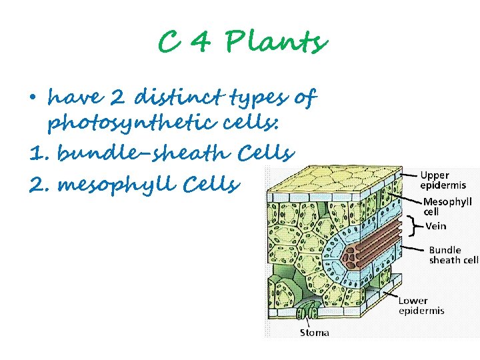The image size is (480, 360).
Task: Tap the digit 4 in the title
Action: pyautogui.click(x=201, y=43)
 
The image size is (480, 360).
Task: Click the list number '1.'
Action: pyautogui.click(x=40, y=154)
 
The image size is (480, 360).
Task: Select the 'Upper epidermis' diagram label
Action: pyautogui.click(x=443, y=179)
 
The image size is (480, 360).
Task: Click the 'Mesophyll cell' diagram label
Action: pyautogui.click(x=447, y=206)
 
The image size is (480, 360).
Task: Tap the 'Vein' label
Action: pyautogui.click(x=436, y=226)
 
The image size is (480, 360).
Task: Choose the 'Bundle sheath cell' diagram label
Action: pyautogui.click(x=453, y=255)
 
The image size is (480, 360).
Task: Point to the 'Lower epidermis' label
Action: pyautogui.click(x=421, y=305)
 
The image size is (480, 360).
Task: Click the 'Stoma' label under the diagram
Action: pyautogui.click(x=314, y=332)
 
